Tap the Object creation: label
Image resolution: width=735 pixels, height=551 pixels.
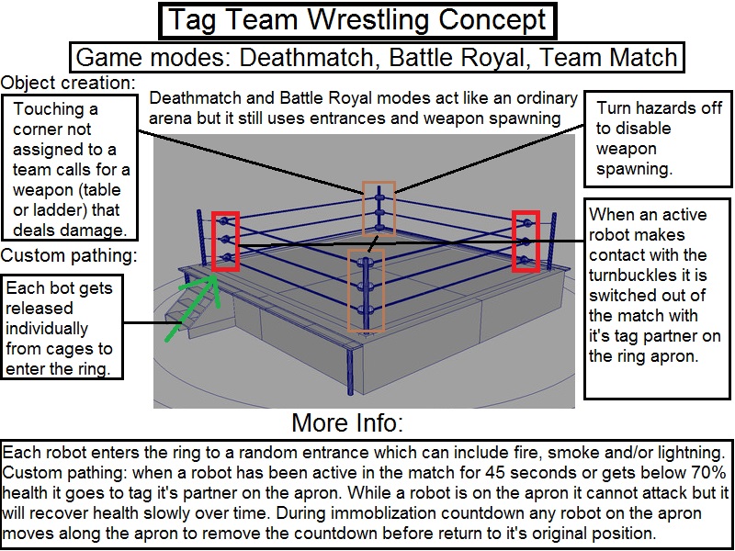(68, 84)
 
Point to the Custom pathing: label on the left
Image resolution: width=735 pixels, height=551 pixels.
(70, 254)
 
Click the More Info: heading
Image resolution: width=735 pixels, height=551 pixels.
(347, 423)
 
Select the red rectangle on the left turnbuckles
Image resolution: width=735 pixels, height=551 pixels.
(225, 242)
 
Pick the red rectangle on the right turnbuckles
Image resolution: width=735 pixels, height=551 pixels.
(526, 242)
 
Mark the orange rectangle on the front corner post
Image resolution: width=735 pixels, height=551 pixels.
(365, 290)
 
